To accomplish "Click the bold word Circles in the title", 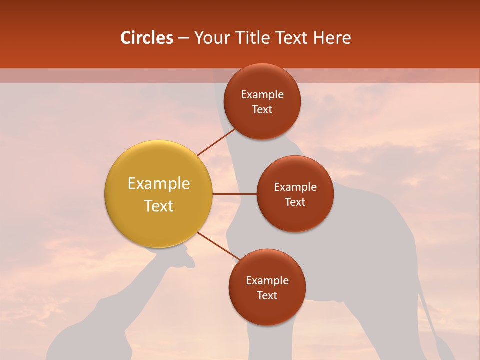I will [146, 38].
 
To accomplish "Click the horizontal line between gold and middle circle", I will [234, 194].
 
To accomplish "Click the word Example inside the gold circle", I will [158, 183].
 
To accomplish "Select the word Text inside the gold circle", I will [158, 205].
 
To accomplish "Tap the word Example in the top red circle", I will [262, 95].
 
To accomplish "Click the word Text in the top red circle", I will [262, 109].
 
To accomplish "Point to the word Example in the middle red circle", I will [295, 187].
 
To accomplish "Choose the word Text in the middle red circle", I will [295, 202].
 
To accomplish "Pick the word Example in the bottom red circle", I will [267, 281].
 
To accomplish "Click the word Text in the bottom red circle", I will [267, 295].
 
